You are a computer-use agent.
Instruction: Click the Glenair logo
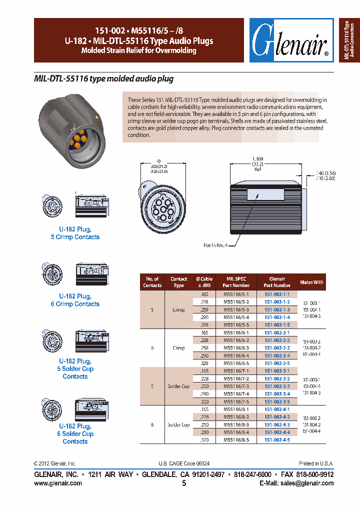291,40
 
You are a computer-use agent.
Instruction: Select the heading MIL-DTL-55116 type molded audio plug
103,79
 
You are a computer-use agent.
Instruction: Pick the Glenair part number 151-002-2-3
277,347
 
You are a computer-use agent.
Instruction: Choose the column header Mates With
311,282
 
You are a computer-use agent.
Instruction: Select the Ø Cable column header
203,282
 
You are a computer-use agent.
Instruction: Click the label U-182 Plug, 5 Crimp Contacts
75,233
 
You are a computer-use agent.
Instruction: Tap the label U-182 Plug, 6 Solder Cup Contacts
75,433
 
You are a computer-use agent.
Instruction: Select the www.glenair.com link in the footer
58,483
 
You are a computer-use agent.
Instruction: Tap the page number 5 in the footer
184,483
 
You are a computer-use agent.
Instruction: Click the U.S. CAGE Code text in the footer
183,463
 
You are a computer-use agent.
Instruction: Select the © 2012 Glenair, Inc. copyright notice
55,463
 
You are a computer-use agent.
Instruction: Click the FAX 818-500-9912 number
307,474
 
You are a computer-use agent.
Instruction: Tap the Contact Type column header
178,282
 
